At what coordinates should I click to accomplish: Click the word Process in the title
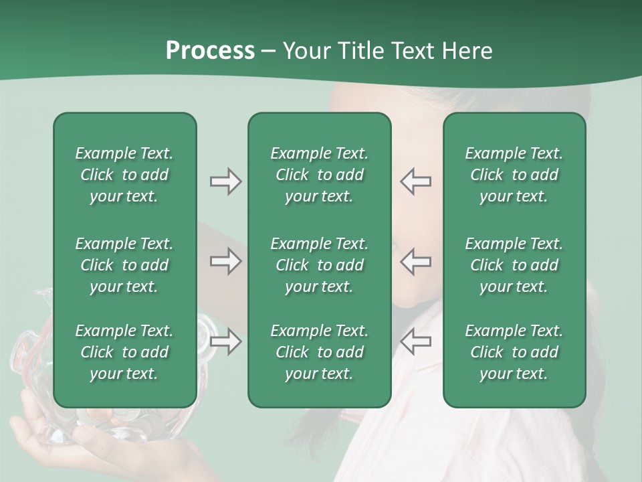210,51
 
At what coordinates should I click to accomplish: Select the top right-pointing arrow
225,181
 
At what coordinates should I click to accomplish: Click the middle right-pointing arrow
225,261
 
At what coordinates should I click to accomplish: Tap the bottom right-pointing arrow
225,342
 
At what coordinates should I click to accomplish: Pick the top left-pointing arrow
415,181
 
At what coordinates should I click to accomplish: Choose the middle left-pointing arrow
415,261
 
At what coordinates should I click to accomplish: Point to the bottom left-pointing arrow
415,342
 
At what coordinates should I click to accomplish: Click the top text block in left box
124,175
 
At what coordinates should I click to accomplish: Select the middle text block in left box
124,265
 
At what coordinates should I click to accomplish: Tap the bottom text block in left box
124,352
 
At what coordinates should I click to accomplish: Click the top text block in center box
319,175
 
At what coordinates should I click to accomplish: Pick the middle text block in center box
319,265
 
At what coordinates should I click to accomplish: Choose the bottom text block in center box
319,352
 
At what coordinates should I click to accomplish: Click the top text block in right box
514,175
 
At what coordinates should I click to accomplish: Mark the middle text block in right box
514,265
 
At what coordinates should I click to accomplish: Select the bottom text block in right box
514,352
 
